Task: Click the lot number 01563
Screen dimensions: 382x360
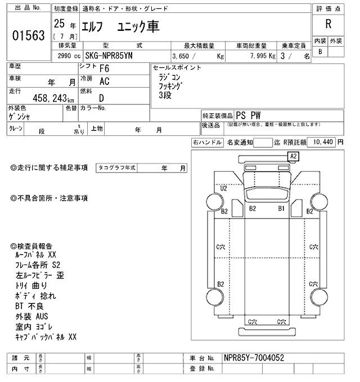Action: pyautogui.click(x=28, y=35)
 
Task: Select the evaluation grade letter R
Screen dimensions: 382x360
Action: pyautogui.click(x=327, y=24)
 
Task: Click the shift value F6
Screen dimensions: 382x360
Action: pyautogui.click(x=104, y=69)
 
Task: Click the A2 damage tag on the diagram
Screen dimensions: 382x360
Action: pyautogui.click(x=294, y=156)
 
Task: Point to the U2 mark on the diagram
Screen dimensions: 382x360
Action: pyautogui.click(x=223, y=188)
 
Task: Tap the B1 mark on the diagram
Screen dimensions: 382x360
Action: pyautogui.click(x=282, y=208)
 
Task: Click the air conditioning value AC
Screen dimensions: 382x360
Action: pyautogui.click(x=104, y=81)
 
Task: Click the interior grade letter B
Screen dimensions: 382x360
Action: pyautogui.click(x=321, y=52)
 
